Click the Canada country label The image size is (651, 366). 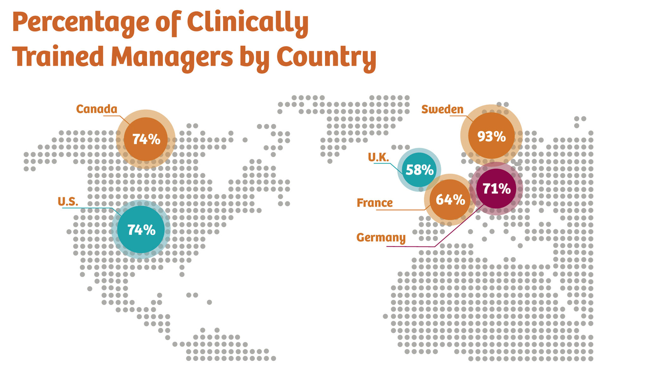tap(97, 109)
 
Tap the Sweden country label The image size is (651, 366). tap(442, 109)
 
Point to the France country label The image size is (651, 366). tap(375, 203)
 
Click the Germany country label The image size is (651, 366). tap(381, 237)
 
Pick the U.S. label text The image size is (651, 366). tap(68, 201)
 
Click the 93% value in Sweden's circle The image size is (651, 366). tap(491, 136)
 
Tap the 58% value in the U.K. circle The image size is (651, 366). tap(420, 170)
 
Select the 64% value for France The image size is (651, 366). tap(451, 199)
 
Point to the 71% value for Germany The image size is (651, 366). tap(496, 189)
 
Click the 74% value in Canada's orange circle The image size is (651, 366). tap(146, 139)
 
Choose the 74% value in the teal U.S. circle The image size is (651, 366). tap(141, 229)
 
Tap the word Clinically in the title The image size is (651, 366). tap(248, 22)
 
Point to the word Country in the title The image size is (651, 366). tap(326, 57)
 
